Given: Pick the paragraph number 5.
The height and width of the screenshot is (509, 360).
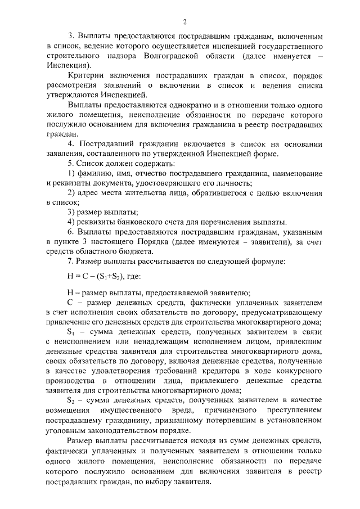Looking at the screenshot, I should (70, 163).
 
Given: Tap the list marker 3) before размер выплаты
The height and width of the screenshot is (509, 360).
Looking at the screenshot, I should (71, 212).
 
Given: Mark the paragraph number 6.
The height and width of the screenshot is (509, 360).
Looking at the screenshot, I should (70, 232).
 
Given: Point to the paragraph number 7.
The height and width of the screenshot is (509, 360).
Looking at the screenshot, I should (70, 261).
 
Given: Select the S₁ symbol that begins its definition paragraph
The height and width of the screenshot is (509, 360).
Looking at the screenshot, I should (71, 332).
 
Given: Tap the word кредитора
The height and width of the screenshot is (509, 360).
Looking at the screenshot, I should (231, 381).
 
